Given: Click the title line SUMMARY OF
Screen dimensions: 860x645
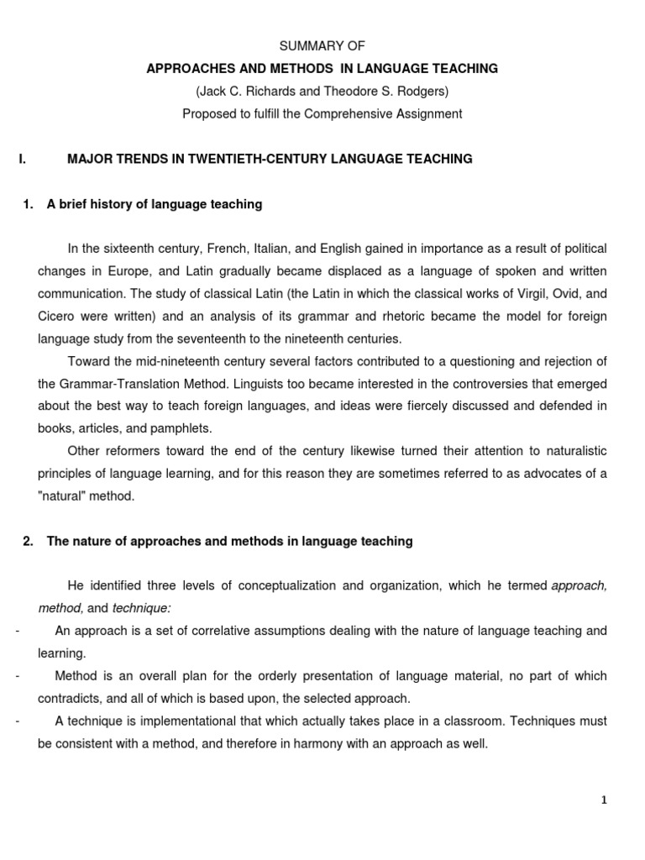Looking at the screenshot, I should click(322, 45).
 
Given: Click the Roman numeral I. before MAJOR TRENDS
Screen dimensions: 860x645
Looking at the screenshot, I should click(22, 159).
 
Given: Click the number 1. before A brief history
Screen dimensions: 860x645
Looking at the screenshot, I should click(29, 204).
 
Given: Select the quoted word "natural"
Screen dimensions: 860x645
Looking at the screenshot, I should click(64, 496).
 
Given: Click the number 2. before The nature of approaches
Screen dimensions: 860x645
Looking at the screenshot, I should click(29, 542).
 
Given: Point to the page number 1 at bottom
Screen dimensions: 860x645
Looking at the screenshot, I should click(603, 800).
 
